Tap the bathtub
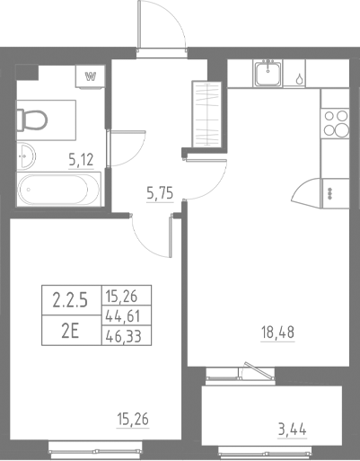pos(59,191)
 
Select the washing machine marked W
pos(90,76)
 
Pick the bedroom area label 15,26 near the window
pos(133,415)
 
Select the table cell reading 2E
pos(71,328)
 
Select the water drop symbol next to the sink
pos(298,77)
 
